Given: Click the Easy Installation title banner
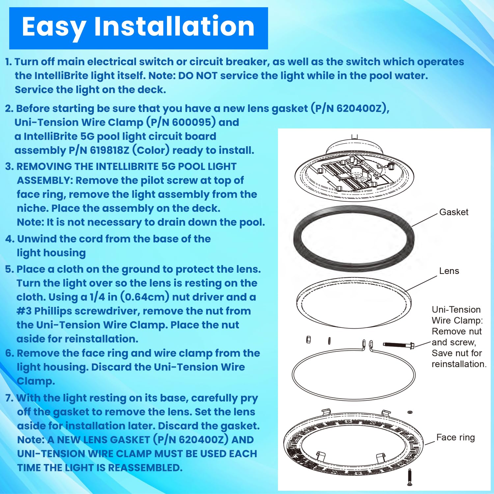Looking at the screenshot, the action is click(138, 28).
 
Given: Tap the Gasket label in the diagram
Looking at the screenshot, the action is click(453, 212).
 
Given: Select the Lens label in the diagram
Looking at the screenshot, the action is click(449, 271).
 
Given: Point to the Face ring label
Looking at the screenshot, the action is click(455, 437).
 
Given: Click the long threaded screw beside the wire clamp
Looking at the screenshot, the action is click(398, 345).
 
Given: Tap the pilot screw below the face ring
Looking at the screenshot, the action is click(410, 477).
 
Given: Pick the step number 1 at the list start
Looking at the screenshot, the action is click(8, 62).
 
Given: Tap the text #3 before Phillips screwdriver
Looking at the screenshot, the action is click(24, 311).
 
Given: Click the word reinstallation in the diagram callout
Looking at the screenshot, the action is click(459, 364).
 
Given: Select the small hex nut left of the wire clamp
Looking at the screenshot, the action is click(309, 340).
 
